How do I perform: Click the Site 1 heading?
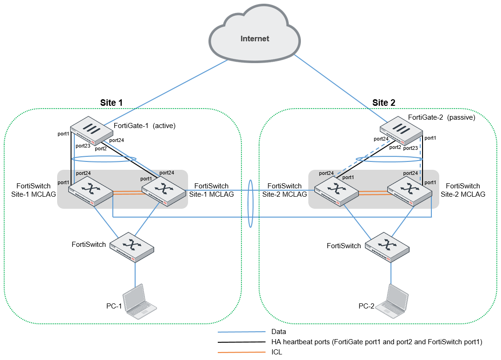tap(111, 103)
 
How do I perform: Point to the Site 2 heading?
tap(384, 103)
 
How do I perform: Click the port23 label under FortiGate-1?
tap(84, 146)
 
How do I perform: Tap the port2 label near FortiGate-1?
tap(101, 149)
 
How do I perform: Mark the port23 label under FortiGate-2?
tap(410, 148)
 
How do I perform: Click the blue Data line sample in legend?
tap(241, 332)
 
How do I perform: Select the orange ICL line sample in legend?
tap(241, 352)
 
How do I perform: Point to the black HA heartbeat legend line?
tap(241, 342)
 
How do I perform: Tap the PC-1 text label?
tap(114, 307)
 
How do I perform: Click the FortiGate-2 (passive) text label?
tap(442, 118)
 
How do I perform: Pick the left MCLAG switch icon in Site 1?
tap(90, 191)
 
